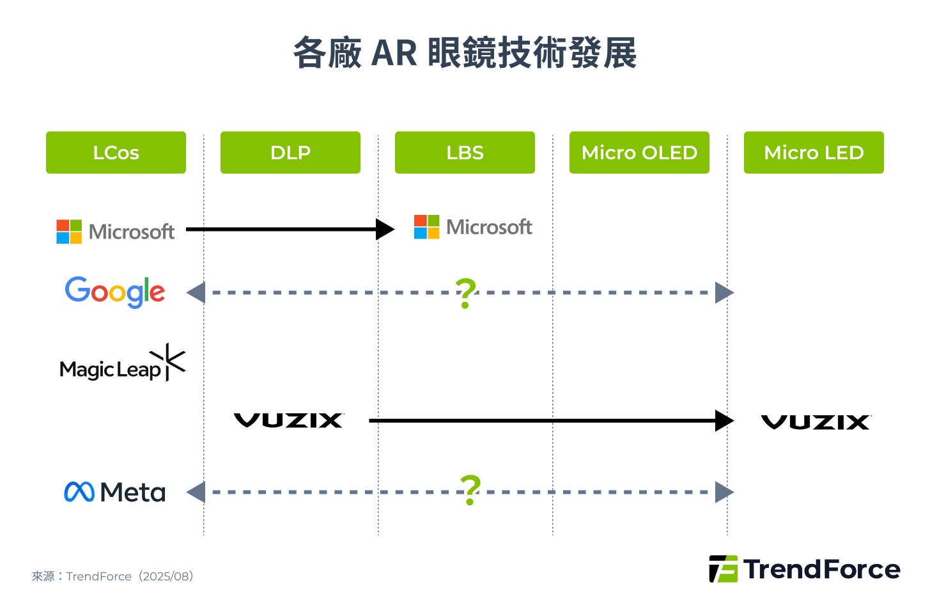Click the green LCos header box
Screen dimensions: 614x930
pyautogui.click(x=116, y=152)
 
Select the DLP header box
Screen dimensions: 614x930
pyautogui.click(x=290, y=152)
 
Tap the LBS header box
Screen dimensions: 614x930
pyautogui.click(x=465, y=152)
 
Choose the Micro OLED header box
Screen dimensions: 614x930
pyautogui.click(x=639, y=152)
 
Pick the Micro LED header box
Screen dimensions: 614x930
pyautogui.click(x=814, y=152)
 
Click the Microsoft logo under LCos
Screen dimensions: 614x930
pyautogui.click(x=116, y=232)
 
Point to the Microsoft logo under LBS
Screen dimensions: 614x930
pyautogui.click(x=473, y=227)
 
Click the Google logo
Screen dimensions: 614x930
pyautogui.click(x=115, y=292)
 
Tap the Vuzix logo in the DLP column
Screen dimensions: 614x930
pyautogui.click(x=289, y=420)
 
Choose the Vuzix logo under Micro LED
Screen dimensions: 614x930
pyautogui.click(x=816, y=422)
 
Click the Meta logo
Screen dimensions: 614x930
pyautogui.click(x=115, y=492)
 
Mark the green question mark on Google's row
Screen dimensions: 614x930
pyautogui.click(x=466, y=293)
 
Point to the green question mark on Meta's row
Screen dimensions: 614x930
pyautogui.click(x=470, y=490)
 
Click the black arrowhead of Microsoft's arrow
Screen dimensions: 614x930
pyautogui.click(x=385, y=229)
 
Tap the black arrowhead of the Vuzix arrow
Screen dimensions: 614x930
pyautogui.click(x=724, y=421)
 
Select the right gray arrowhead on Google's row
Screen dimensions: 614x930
pyautogui.click(x=724, y=292)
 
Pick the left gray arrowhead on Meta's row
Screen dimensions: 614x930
pyautogui.click(x=196, y=492)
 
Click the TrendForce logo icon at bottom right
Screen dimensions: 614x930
pyautogui.click(x=723, y=569)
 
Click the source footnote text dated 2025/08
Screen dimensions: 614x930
pyautogui.click(x=112, y=576)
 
